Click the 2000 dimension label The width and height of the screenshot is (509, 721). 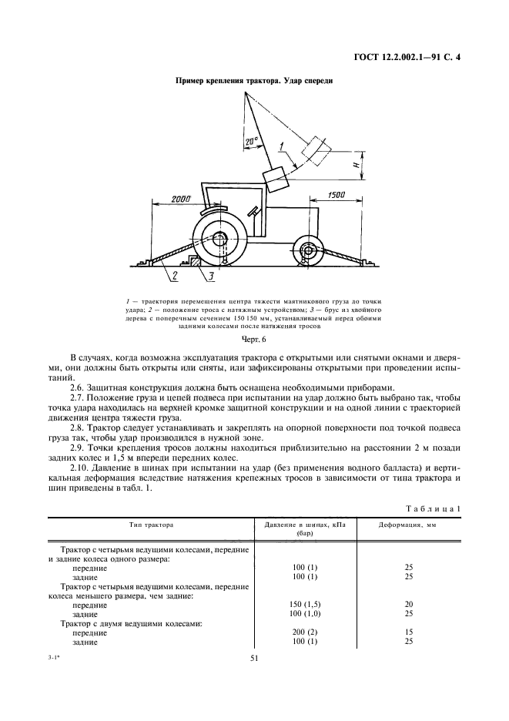tap(180, 199)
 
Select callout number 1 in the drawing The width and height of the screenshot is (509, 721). tap(283, 146)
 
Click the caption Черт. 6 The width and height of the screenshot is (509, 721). tap(253, 338)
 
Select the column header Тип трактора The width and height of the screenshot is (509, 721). tap(151, 524)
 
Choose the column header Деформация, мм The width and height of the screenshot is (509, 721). tap(407, 524)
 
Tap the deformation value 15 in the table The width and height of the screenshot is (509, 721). tap(407, 632)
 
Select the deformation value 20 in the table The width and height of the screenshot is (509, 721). tap(407, 604)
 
